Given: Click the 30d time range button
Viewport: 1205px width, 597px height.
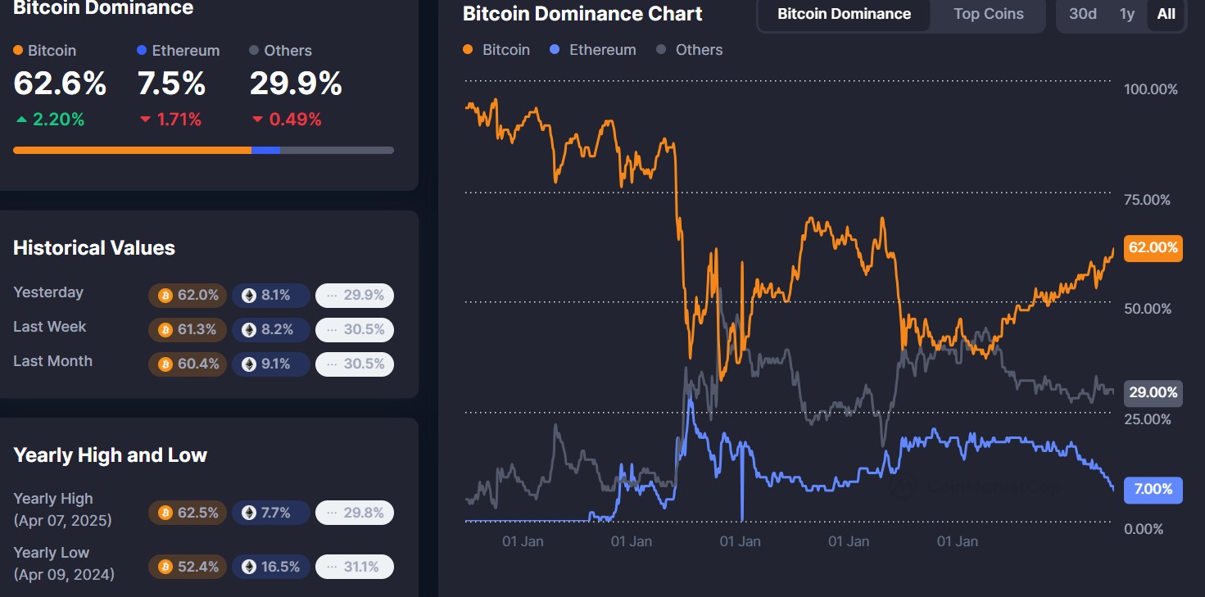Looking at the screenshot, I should [1082, 14].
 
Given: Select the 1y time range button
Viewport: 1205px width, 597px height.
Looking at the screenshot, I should [1127, 14].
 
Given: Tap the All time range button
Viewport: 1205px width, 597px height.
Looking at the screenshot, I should [1166, 14].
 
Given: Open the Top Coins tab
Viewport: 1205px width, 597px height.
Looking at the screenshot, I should [988, 14].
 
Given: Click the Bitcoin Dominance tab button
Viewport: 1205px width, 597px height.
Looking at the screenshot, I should [844, 14].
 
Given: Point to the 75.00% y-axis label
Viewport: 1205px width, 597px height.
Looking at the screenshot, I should [1148, 200].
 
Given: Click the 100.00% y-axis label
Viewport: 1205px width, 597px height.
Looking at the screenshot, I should [1150, 89].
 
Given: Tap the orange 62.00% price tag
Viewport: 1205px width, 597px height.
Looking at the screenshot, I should [1153, 247].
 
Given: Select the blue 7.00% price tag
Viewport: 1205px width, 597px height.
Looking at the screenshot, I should [1153, 489].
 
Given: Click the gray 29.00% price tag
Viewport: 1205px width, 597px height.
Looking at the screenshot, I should [1153, 392].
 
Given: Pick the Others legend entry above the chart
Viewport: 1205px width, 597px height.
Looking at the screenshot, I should [690, 50].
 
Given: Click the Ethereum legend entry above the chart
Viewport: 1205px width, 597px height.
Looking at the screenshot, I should [593, 50].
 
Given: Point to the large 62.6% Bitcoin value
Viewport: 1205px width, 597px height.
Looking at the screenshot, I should [60, 84].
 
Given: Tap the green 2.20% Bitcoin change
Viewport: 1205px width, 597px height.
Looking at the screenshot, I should [50, 120].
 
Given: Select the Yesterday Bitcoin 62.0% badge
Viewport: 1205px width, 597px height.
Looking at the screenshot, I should [188, 295].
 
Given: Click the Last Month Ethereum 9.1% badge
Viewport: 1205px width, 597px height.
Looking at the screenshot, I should [270, 364].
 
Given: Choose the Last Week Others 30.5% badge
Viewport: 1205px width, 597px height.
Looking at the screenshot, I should [355, 329].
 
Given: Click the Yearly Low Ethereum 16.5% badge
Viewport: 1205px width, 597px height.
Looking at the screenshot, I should [270, 567].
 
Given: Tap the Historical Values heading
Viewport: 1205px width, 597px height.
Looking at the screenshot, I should [94, 248].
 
